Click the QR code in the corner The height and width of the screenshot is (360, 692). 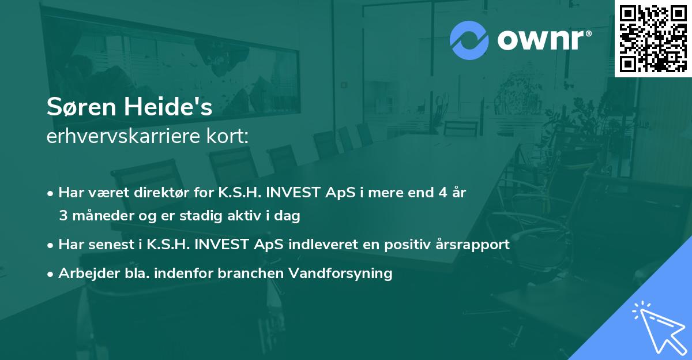pos(653,38)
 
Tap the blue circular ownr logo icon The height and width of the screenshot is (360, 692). pos(469,40)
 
